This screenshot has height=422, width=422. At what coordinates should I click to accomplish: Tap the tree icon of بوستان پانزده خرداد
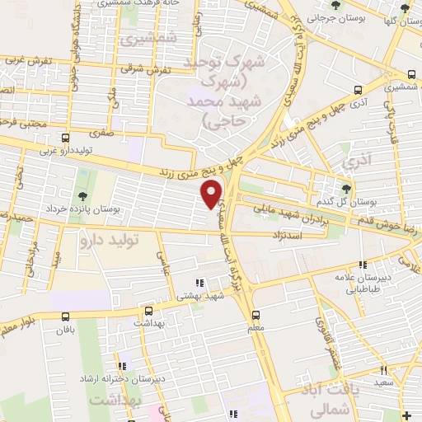click(82, 196)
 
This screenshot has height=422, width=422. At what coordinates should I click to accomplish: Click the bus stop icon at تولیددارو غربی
click(66, 138)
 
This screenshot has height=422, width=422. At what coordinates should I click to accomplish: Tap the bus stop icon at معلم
click(255, 314)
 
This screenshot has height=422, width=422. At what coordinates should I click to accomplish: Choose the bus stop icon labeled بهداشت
click(149, 312)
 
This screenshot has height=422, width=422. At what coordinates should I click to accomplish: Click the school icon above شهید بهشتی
click(197, 283)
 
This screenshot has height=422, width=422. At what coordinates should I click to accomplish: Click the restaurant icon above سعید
click(383, 371)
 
